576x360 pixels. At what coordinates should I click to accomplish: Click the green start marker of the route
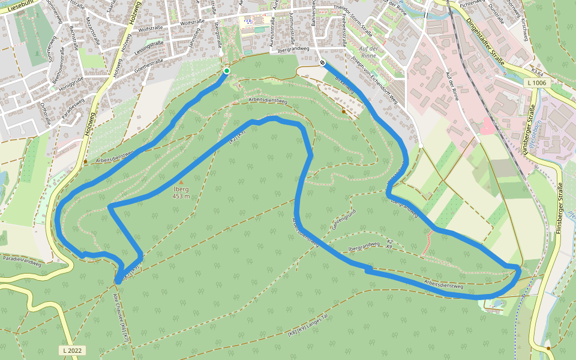[226, 71]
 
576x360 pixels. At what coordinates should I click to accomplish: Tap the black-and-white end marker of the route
[323, 63]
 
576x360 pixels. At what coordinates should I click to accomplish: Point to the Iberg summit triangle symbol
[181, 182]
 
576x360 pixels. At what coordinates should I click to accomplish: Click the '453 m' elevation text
[181, 196]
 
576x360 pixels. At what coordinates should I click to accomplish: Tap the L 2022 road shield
[72, 350]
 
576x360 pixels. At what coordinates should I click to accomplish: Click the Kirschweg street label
[525, 25]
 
